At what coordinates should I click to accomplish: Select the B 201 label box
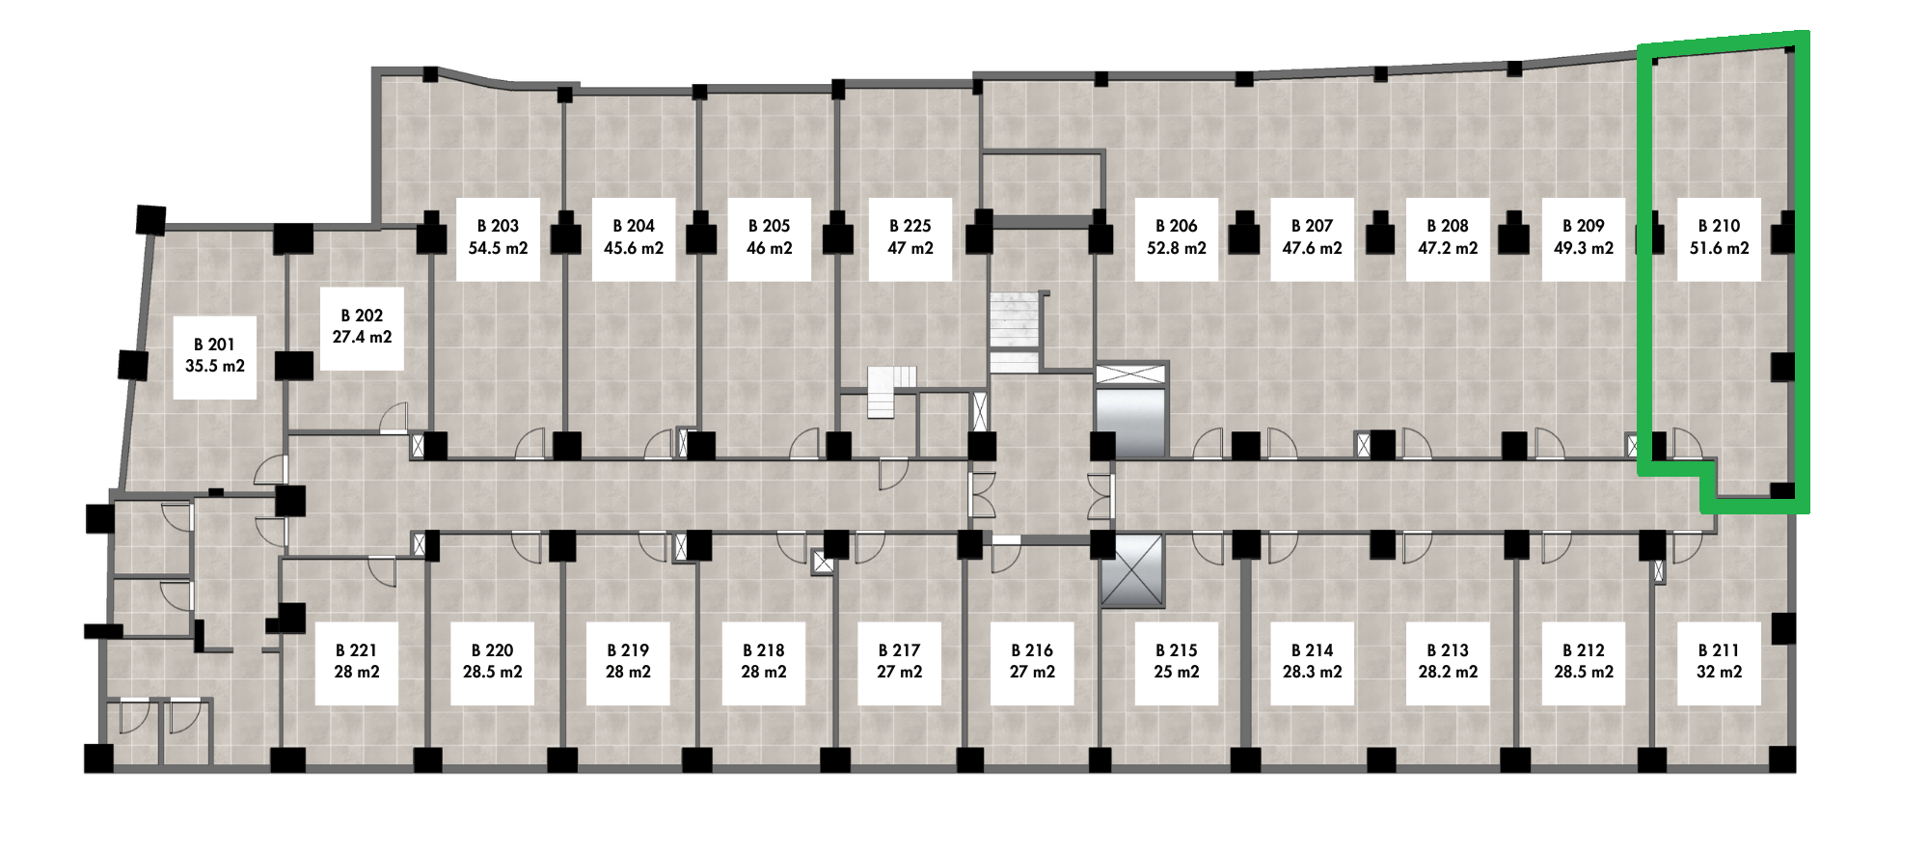pos(215,356)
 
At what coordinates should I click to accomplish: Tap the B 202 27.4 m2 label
pos(362,328)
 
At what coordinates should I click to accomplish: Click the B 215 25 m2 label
pos(1177,663)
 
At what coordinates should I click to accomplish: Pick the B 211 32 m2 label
pos(1719,663)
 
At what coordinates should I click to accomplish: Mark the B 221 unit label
pos(357,663)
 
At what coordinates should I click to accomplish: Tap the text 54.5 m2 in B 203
pos(498,249)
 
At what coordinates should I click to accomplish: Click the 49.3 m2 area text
pos(1584,249)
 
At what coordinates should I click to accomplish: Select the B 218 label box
pos(764,663)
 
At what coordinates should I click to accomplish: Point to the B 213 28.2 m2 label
pos(1448,663)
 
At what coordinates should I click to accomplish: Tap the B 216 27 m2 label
pos(1032,663)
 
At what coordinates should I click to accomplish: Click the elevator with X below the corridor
pos(1132,572)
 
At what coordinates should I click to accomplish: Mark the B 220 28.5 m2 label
pos(492,663)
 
